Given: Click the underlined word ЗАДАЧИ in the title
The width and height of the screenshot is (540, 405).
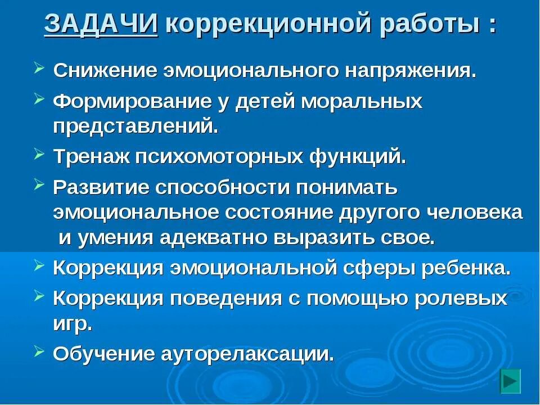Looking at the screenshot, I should coord(101,24).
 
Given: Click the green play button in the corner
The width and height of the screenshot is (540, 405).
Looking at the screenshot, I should coord(511,381).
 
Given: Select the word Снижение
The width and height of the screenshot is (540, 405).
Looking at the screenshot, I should coord(105,72).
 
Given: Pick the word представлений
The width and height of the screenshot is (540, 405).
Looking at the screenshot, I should coord(135,126).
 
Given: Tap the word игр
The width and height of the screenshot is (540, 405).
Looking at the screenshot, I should coord(72,323).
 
